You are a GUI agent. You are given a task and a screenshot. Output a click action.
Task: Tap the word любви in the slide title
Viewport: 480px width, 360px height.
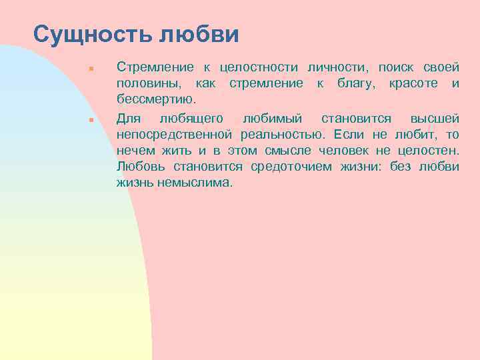click(x=202, y=34)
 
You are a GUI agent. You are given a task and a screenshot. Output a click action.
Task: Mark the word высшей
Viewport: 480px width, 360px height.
click(x=435, y=119)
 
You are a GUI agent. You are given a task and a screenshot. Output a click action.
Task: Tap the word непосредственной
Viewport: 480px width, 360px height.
click(x=173, y=135)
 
